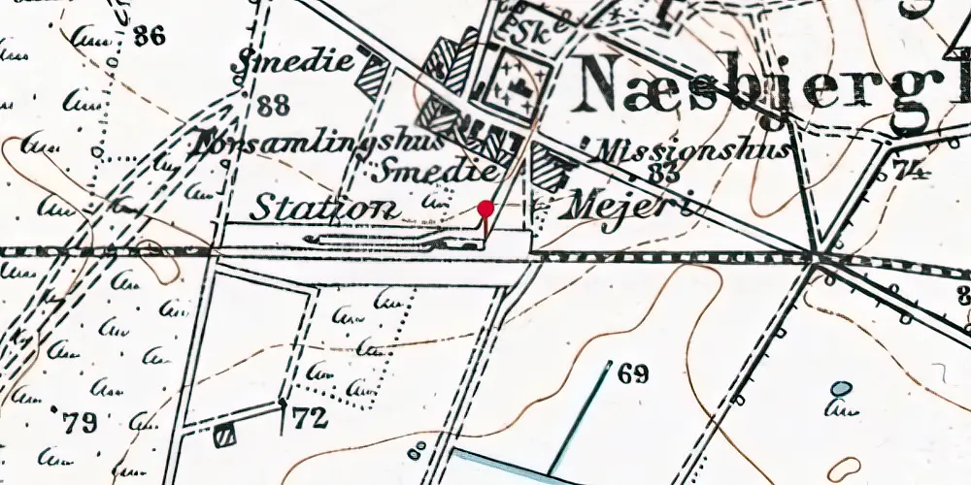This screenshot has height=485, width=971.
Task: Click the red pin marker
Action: coord(486,208)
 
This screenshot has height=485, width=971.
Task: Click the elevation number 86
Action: coord(151,38)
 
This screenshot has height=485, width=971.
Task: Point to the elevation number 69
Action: coord(632,374)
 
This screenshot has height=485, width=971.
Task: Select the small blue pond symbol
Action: coord(841,389)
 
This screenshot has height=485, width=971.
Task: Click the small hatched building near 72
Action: coord(225,436)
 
